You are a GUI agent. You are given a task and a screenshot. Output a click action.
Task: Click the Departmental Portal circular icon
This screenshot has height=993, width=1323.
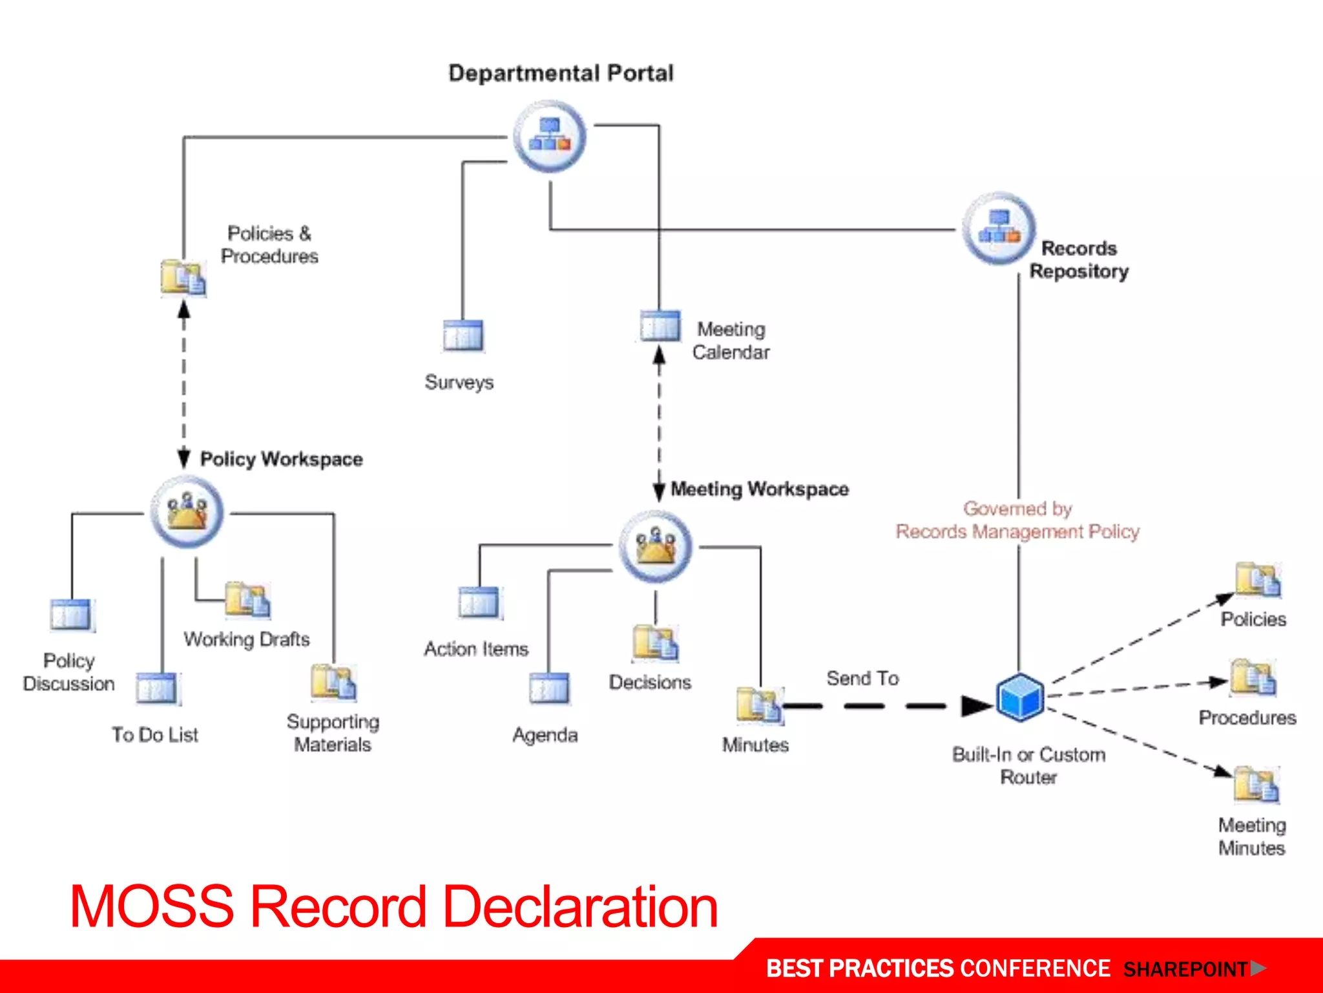[x=549, y=136]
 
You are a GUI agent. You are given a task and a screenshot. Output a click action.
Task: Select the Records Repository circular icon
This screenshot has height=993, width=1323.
[x=999, y=228]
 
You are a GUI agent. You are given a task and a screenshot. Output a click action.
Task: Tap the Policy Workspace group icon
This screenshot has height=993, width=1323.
[x=187, y=512]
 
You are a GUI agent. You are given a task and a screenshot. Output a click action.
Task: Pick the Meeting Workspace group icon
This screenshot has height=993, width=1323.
[x=656, y=546]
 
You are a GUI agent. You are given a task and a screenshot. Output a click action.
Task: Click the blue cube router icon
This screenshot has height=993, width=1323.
[x=1020, y=697]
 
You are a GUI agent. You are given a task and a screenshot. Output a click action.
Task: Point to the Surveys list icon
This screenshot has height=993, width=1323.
[x=463, y=335]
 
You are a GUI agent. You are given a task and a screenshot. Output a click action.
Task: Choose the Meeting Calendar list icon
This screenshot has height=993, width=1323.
[x=660, y=325]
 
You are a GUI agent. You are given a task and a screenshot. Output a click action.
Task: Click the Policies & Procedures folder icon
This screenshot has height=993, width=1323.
[x=183, y=278]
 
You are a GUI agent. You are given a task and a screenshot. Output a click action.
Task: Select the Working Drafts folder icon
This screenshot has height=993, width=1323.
[x=247, y=600]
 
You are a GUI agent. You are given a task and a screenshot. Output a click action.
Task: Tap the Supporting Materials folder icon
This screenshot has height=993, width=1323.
[x=333, y=682]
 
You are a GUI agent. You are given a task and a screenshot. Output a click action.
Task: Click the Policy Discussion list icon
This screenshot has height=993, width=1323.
[x=72, y=615]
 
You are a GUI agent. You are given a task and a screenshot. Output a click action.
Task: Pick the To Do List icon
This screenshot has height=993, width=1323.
[x=157, y=688]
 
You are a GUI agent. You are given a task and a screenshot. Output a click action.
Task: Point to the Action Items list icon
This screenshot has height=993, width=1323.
[x=479, y=603]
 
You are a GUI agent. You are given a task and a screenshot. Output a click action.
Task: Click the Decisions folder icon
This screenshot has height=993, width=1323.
[x=655, y=643]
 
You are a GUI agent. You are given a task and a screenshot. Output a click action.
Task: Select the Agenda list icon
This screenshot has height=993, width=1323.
[x=549, y=687]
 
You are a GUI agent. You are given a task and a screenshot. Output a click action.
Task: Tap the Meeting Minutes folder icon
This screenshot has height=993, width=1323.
[x=1256, y=784]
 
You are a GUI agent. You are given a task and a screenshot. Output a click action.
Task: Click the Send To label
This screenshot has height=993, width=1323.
[x=862, y=678]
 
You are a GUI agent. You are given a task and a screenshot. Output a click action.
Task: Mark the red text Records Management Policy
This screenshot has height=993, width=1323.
[x=1017, y=531]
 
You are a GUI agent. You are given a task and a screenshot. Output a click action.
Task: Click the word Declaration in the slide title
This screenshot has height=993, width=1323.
[x=581, y=907]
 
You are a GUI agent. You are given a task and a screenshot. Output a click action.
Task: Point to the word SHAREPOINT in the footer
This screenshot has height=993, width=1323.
[x=1185, y=969]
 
